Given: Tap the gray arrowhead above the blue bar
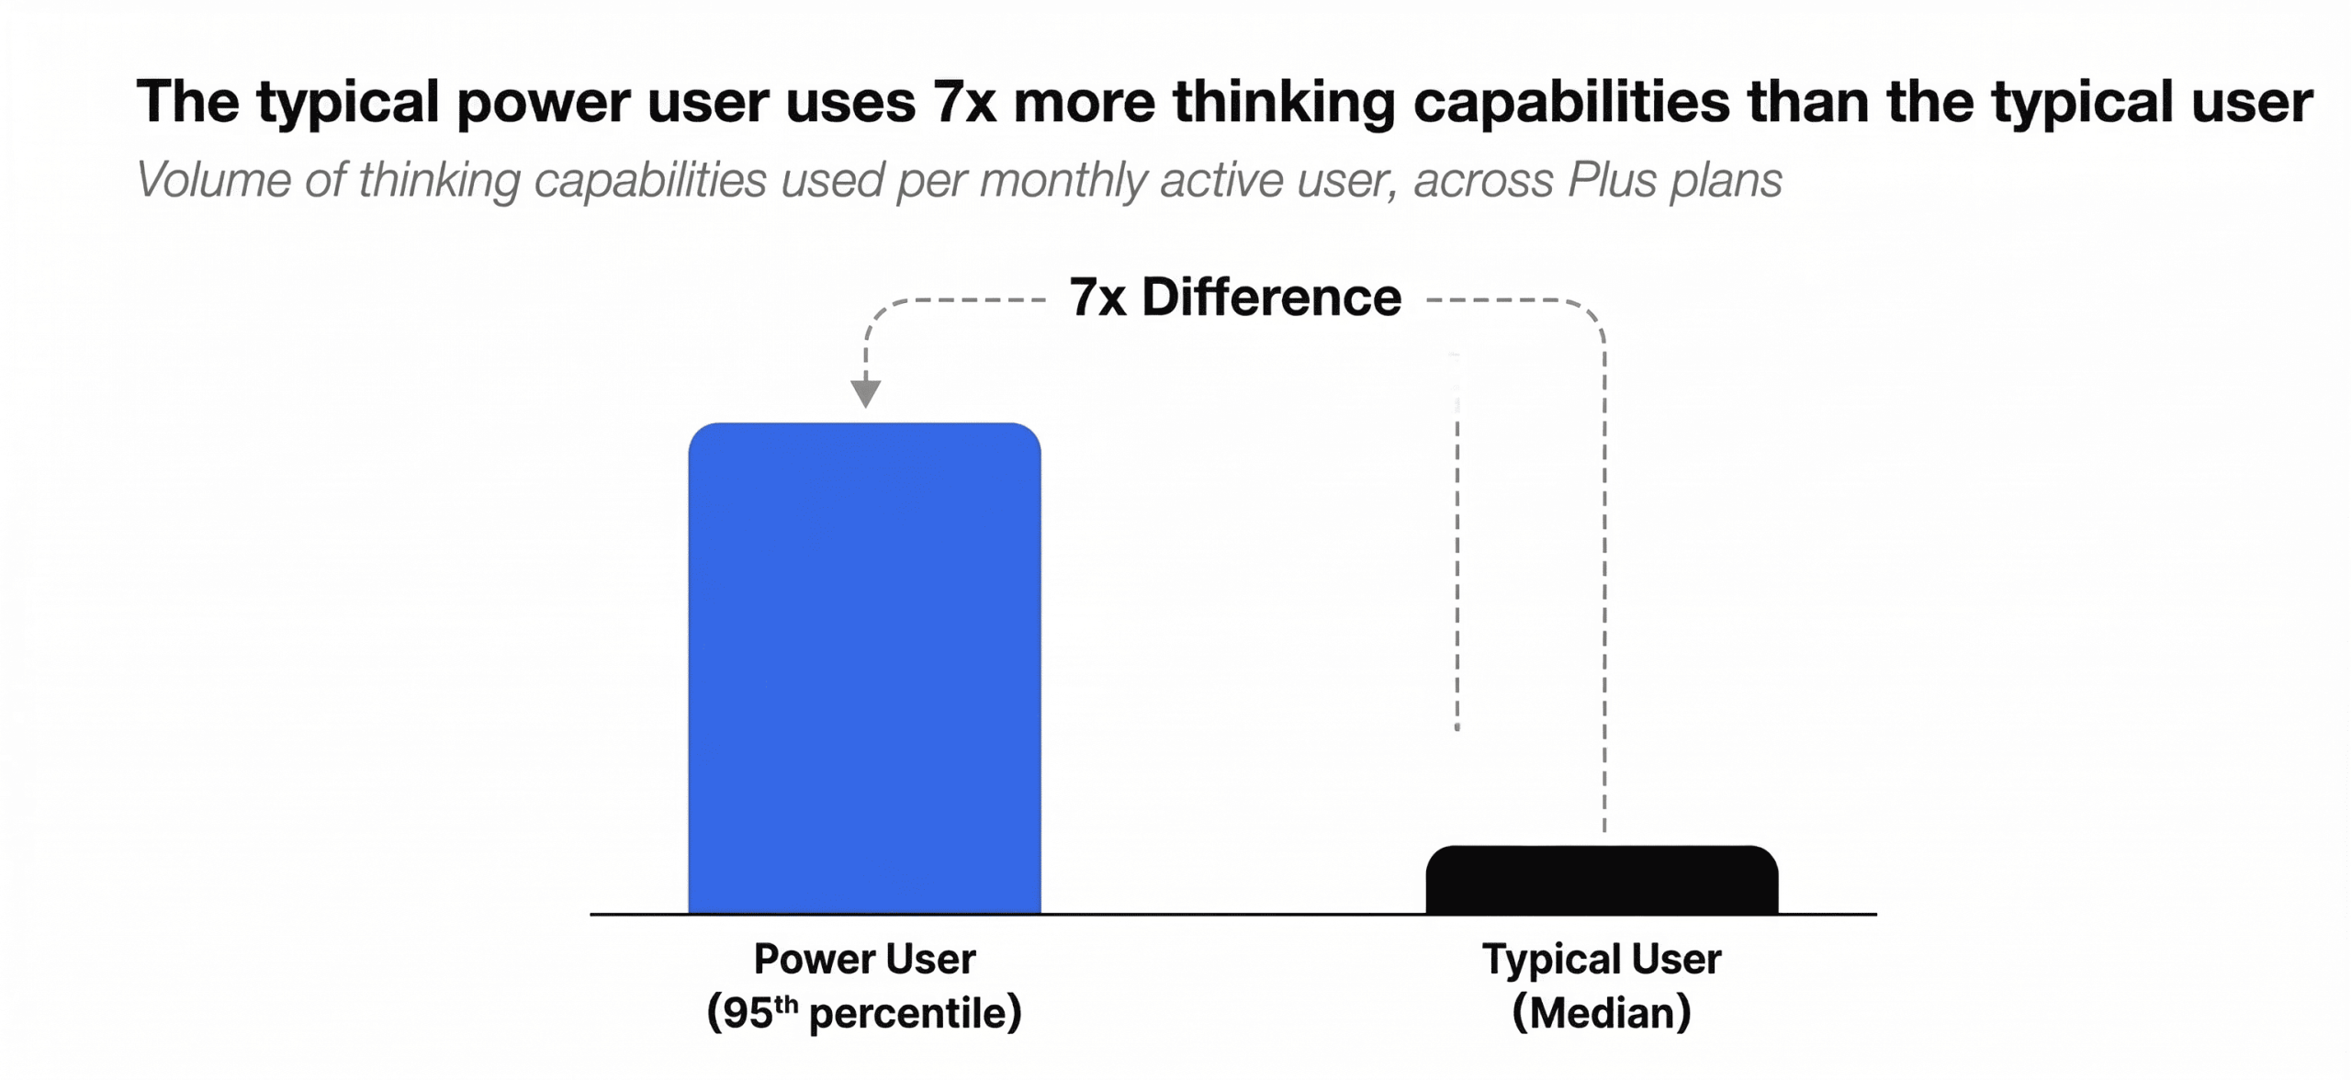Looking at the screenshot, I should tap(865, 393).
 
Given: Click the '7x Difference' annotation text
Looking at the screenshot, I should tap(1235, 298).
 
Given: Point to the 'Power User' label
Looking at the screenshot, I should tap(864, 959).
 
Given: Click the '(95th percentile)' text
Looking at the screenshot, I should tap(864, 1013).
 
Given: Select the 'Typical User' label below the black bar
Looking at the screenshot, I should tap(1602, 959).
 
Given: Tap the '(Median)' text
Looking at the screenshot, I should tap(1602, 1013).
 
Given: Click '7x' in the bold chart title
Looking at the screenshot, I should tap(964, 101).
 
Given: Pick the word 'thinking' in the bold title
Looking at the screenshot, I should tap(1284, 101).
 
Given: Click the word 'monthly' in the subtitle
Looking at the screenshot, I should tap(1063, 179).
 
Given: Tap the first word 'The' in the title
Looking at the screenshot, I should tap(187, 101).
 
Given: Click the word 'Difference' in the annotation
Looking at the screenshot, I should tap(1271, 298).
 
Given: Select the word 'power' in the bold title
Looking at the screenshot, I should tap(543, 101).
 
